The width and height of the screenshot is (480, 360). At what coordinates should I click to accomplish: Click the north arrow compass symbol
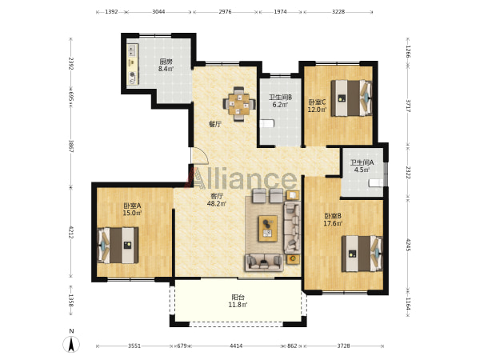tap(71, 344)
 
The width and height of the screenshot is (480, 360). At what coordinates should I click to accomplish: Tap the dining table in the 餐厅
tap(239, 104)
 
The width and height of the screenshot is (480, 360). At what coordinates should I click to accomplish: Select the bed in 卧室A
tap(118, 246)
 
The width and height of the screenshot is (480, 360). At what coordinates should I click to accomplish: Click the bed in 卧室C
tap(351, 98)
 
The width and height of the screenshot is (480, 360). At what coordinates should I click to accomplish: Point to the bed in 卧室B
tap(362, 254)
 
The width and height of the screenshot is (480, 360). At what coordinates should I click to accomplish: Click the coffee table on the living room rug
tap(268, 228)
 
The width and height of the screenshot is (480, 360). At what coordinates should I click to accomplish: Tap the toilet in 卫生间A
tap(376, 182)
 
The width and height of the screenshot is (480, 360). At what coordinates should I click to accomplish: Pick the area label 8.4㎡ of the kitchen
tap(166, 69)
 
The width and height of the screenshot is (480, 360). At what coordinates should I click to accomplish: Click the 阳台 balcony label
tap(238, 298)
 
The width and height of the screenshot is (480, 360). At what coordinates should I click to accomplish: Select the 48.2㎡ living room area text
tap(217, 203)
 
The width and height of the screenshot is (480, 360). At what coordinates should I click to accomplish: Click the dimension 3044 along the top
tap(158, 12)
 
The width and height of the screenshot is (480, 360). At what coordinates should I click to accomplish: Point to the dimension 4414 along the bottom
tap(236, 346)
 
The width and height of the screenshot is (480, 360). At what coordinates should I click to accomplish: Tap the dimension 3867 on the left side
tap(70, 146)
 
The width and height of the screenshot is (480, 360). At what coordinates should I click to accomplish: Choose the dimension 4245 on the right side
tap(408, 244)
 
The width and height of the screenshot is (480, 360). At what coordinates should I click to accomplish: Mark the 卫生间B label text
tap(281, 98)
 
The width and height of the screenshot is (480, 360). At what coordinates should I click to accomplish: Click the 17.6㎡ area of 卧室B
tap(333, 223)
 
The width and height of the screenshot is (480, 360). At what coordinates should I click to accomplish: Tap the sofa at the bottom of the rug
tap(264, 262)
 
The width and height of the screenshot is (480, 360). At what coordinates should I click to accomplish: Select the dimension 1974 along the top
tap(281, 12)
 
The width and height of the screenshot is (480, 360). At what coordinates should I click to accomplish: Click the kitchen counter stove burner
tap(133, 74)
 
